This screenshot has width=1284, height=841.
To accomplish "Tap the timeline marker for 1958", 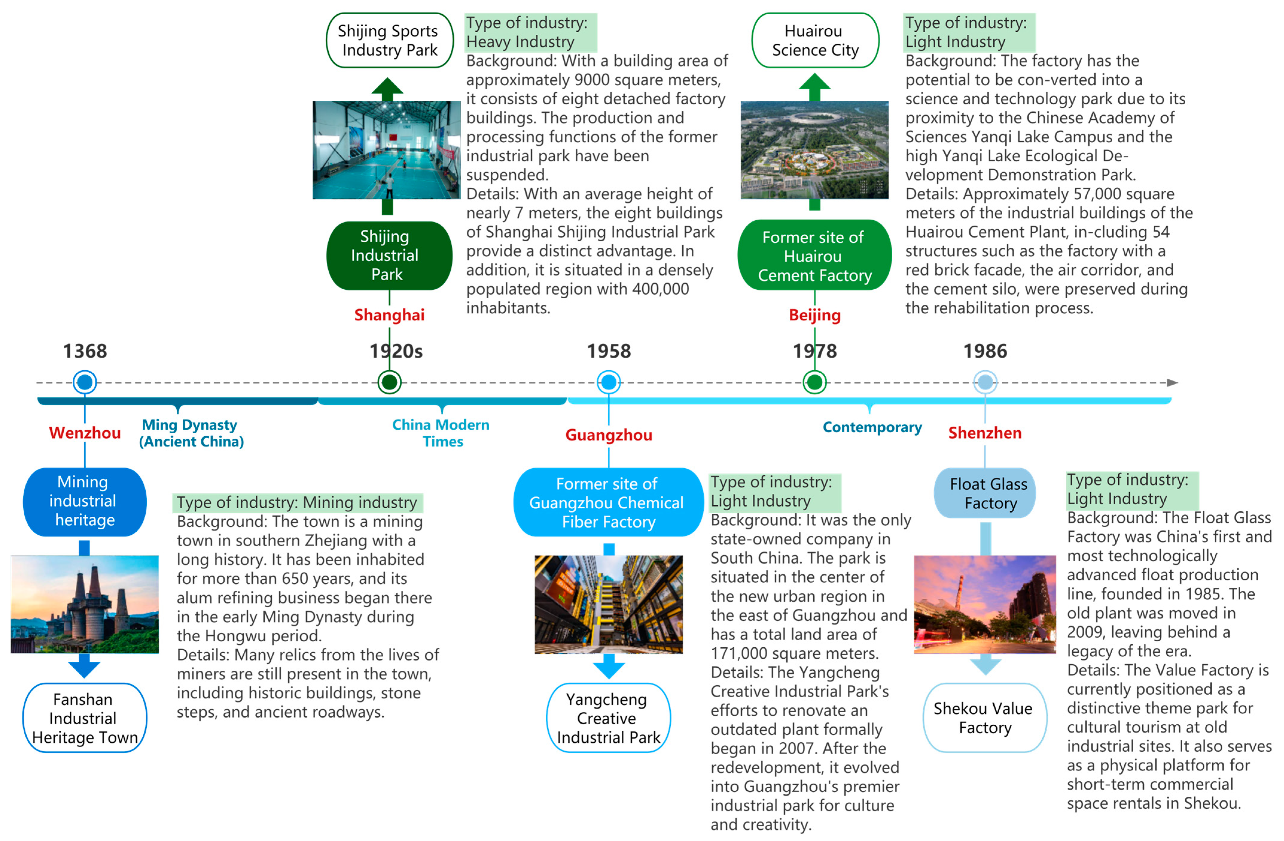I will (x=609, y=382).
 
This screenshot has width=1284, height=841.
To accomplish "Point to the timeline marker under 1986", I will (x=985, y=382).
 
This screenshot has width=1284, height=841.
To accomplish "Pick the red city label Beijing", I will (x=814, y=315).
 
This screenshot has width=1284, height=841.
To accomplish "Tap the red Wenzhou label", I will (x=85, y=433).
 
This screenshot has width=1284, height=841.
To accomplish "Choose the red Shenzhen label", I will (x=985, y=433).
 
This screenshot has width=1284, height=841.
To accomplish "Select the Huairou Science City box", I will (x=815, y=40).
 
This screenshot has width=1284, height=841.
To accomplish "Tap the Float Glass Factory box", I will (x=985, y=493).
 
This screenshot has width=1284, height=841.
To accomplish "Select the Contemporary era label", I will (x=872, y=427).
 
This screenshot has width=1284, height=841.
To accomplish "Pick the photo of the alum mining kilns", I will (x=85, y=604).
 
